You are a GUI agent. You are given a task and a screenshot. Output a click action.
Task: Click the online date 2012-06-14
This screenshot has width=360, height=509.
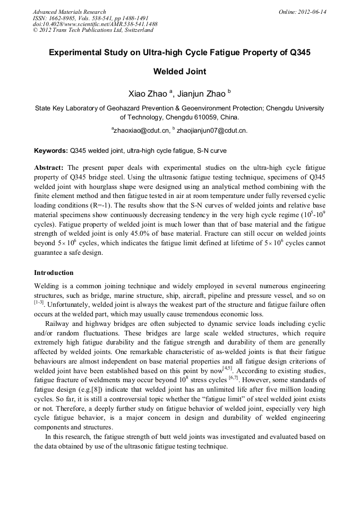pyautogui.click(x=312, y=12)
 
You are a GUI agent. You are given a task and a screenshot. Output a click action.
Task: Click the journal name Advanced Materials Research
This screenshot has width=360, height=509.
pyautogui.click(x=70, y=12)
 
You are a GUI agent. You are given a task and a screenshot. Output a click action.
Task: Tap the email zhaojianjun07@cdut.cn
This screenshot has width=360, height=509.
pyautogui.click(x=212, y=130)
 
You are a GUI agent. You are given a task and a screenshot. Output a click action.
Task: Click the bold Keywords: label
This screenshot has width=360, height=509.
pyautogui.click(x=51, y=151)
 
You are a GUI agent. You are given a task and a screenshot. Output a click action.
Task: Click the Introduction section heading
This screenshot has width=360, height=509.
pyautogui.click(x=54, y=273)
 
